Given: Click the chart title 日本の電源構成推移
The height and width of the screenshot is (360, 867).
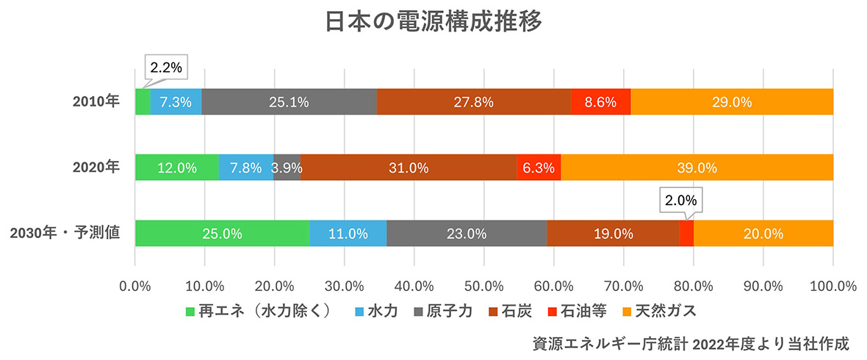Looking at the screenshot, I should [433, 22].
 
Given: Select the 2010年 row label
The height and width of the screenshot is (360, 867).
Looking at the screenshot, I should [96, 101].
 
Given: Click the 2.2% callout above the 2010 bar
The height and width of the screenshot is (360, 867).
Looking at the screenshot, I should [165, 68].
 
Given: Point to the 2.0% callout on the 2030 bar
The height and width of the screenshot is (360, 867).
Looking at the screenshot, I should [680, 200].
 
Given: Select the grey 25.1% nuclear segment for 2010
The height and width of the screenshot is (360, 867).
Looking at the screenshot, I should [289, 102].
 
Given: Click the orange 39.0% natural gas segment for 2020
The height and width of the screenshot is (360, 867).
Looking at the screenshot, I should [697, 168].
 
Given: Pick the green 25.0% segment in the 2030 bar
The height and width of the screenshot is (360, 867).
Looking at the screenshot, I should [222, 234].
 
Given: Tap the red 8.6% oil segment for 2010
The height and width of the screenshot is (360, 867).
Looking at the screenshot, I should [600, 102].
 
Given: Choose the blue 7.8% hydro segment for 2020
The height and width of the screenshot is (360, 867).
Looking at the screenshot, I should [245, 168].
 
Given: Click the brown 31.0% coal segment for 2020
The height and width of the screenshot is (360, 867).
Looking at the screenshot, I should [409, 168].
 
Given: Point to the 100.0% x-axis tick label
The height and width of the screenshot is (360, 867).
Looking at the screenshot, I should [832, 284].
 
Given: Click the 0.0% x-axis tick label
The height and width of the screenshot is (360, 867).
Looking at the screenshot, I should [135, 284].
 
